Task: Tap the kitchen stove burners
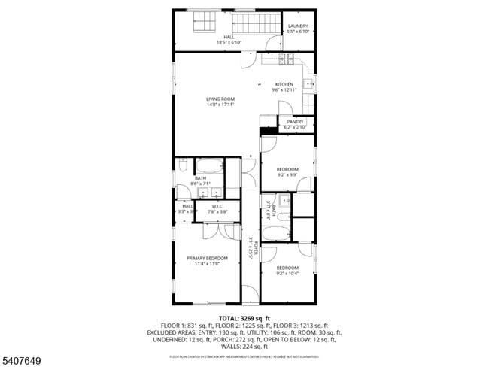[x=286, y=59]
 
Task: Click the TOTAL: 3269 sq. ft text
[x=244, y=319]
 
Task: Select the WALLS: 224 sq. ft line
[x=244, y=346]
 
